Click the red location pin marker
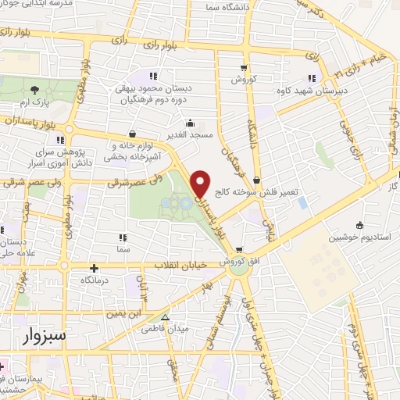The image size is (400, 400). pos(202,184)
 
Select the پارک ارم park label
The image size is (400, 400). pos(34,103)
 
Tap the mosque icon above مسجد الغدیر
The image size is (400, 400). pos(191,122)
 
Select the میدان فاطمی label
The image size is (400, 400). pos(166,329)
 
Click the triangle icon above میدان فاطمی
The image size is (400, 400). pos(165,317)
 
